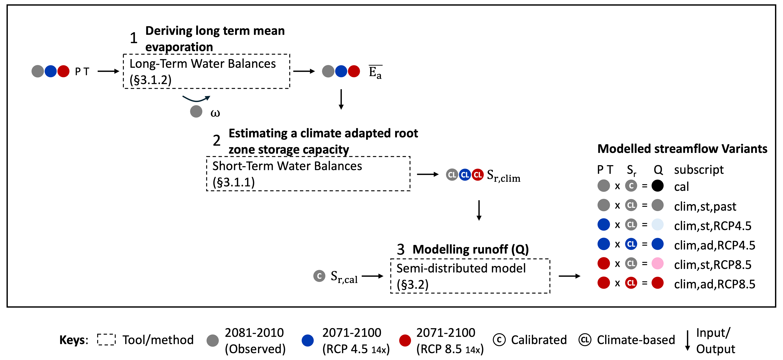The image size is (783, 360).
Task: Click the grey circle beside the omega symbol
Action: click(196, 111)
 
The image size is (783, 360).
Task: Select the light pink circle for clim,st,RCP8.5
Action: click(657, 263)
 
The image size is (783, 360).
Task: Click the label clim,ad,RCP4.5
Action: click(714, 245)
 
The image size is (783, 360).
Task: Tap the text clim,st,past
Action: click(705, 206)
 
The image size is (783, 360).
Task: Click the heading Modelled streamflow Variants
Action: click(682, 149)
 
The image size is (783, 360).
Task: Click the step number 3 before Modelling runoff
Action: click(401, 250)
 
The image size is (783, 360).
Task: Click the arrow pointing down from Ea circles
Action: click(341, 99)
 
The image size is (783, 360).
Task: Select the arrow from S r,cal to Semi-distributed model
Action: click(372, 276)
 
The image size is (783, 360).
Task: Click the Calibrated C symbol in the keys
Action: click(499, 340)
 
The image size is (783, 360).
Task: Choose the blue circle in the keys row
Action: click(308, 340)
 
